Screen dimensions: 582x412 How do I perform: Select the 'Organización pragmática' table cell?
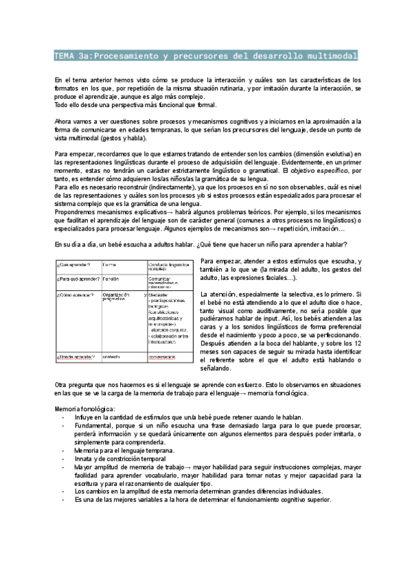click(120, 297)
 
